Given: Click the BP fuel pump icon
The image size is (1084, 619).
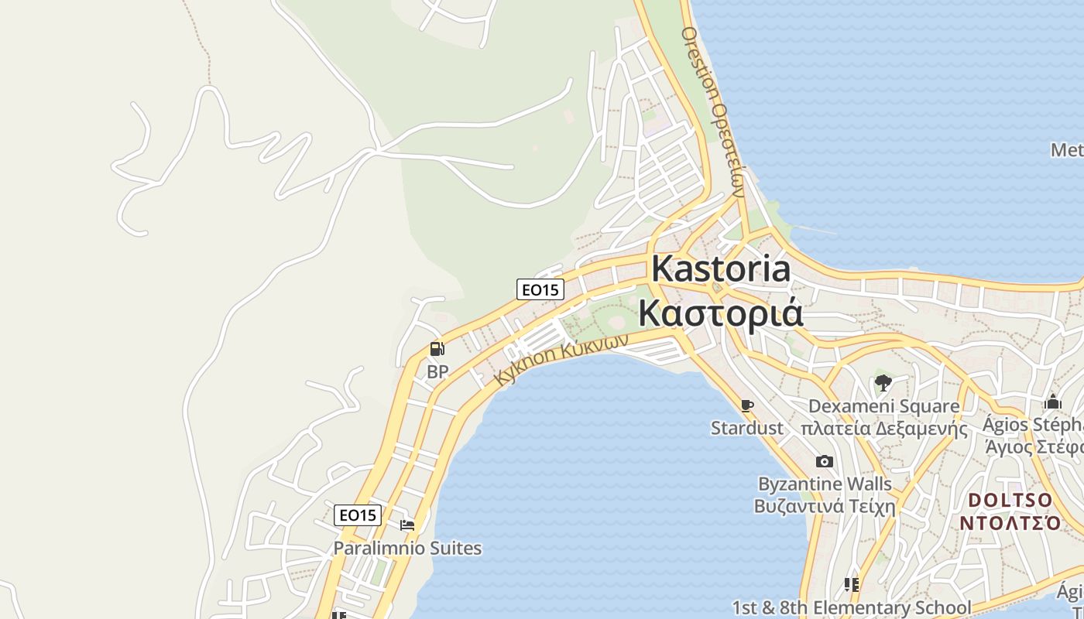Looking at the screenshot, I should click(437, 350).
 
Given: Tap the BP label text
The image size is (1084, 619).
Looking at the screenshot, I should click(437, 372).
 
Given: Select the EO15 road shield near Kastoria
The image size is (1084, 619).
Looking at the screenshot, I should click(540, 289).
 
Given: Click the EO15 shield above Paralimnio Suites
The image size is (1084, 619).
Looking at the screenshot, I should click(358, 515).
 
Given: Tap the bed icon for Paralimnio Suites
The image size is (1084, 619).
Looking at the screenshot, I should click(407, 525).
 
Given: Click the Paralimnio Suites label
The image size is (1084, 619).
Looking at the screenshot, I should click(407, 549).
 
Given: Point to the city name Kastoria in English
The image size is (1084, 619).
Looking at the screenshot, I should click(721, 269).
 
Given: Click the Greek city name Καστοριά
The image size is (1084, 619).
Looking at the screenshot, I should click(720, 313).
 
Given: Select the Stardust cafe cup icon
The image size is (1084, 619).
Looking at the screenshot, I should click(747, 405).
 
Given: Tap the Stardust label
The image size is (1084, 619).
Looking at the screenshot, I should click(747, 428).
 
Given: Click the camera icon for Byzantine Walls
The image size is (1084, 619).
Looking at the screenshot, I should click(825, 462).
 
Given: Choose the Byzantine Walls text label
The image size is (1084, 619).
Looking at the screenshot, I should click(825, 484).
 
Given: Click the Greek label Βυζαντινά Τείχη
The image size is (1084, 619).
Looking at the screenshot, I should click(825, 508).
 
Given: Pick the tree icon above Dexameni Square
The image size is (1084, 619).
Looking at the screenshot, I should click(883, 382).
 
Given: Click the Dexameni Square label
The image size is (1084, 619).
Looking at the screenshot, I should click(883, 406).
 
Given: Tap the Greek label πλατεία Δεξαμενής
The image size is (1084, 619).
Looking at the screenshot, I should click(883, 429).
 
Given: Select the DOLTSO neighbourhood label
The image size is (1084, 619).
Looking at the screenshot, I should click(1010, 500).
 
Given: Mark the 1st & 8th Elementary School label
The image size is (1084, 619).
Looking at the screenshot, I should click(852, 608).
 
